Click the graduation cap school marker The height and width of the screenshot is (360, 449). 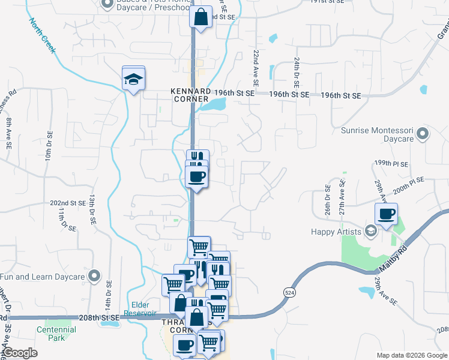133,79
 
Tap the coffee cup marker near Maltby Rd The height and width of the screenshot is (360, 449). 386,214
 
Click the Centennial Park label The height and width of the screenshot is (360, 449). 56,334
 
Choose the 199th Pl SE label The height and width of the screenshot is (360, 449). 391,164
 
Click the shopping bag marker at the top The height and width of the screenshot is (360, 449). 201,17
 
